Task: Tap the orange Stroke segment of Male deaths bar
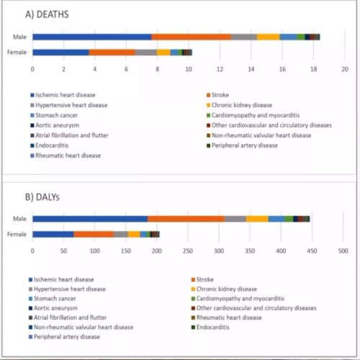click(x=191, y=37)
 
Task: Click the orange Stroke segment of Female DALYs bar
click(x=94, y=233)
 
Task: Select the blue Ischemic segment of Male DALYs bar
click(x=90, y=219)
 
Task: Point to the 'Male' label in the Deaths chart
click(x=20, y=37)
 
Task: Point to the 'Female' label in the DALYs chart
click(x=18, y=233)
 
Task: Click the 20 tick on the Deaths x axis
click(x=344, y=69)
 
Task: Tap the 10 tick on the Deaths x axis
click(x=189, y=69)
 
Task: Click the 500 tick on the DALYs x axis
click(x=343, y=251)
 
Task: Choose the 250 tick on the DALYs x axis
click(x=188, y=251)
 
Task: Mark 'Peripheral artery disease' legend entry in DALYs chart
click(x=68, y=337)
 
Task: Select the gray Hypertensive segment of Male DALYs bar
click(x=235, y=219)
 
